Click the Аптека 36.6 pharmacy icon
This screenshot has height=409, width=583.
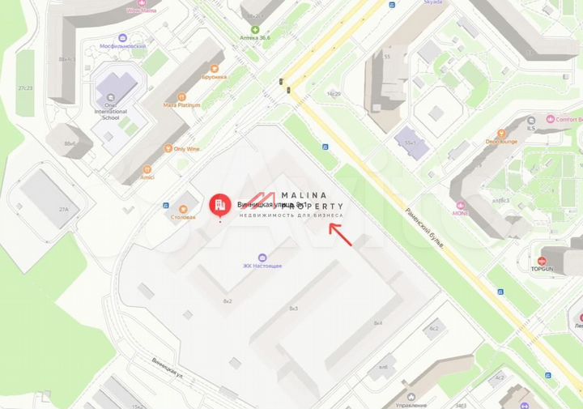[x=255, y=29]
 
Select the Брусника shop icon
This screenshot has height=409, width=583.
[x=215, y=69]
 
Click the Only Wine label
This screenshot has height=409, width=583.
[x=186, y=149]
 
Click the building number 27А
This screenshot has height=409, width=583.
[x=63, y=209]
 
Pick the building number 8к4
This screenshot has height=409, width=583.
[x=377, y=322]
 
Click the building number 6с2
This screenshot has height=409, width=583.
[x=434, y=328]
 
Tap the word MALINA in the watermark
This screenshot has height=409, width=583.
[x=304, y=195]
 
